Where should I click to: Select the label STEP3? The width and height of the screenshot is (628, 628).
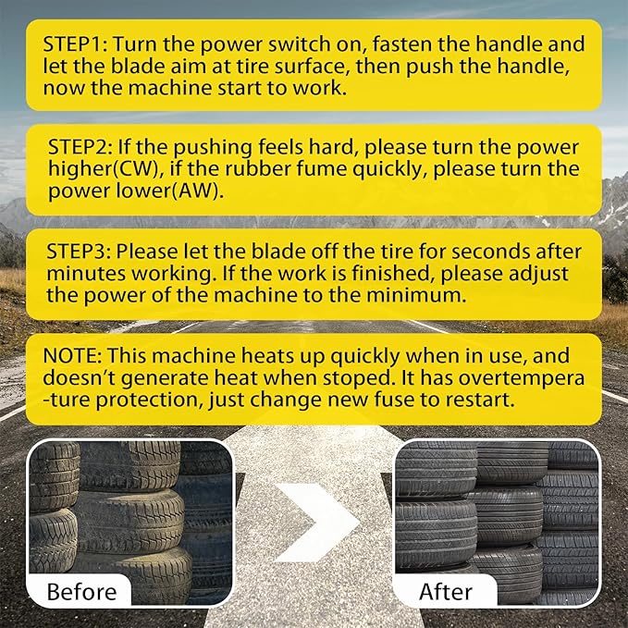click(x=81, y=252)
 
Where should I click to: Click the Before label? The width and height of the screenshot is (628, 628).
click(x=82, y=591)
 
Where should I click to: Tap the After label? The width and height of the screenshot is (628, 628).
click(x=446, y=591)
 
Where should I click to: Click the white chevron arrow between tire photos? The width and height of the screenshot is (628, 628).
click(x=315, y=523)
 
